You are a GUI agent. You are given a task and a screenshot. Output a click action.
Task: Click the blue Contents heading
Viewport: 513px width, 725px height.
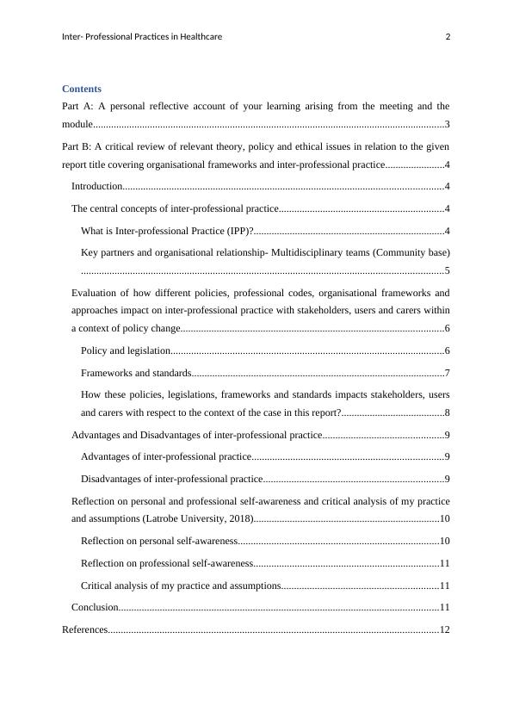pyautogui.click(x=82, y=89)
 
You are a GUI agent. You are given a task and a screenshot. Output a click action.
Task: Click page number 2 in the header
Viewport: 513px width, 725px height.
pyautogui.click(x=448, y=36)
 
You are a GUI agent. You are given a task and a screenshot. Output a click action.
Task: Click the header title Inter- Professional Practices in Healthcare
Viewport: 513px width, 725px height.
pyautogui.click(x=143, y=36)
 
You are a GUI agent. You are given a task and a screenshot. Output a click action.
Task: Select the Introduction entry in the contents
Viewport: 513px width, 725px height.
pyautogui.click(x=96, y=186)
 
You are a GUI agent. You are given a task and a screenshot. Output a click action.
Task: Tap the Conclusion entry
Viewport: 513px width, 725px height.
pyautogui.click(x=94, y=607)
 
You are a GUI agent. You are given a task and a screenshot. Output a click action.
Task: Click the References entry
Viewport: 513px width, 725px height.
pyautogui.click(x=84, y=629)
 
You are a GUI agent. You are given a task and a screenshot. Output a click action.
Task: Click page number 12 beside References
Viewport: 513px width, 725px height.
pyautogui.click(x=444, y=629)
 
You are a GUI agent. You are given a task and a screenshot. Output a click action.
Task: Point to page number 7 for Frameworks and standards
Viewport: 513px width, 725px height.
pyautogui.click(x=447, y=373)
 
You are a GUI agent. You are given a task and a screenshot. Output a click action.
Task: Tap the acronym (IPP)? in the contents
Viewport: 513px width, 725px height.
pyautogui.click(x=235, y=231)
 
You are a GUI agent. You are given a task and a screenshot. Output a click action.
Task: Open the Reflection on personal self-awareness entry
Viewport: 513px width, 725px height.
pyautogui.click(x=159, y=541)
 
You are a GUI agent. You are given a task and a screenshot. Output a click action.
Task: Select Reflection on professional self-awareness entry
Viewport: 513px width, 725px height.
pyautogui.click(x=166, y=563)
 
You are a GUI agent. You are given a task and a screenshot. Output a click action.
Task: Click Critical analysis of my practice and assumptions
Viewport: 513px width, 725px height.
pyautogui.click(x=181, y=586)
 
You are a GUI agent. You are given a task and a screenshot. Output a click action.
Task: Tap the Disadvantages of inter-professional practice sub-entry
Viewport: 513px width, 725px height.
pyautogui.click(x=171, y=479)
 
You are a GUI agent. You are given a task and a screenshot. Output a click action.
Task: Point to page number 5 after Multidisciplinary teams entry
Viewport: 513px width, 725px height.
pyautogui.click(x=447, y=270)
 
